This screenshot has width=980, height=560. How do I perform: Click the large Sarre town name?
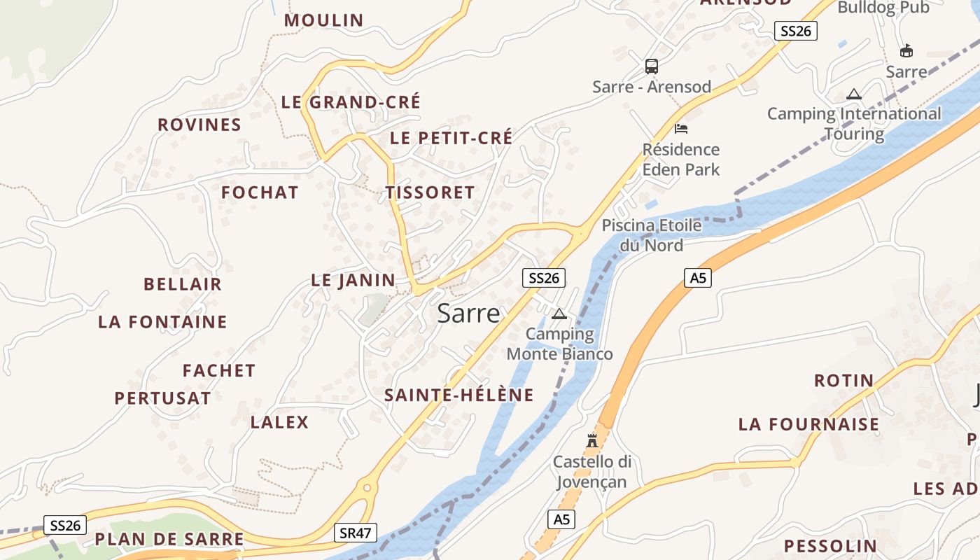click(x=469, y=313)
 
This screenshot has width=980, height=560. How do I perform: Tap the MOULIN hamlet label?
click(x=323, y=20)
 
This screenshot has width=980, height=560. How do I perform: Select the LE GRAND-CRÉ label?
click(x=351, y=102)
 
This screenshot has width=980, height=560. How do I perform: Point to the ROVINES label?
click(x=199, y=125)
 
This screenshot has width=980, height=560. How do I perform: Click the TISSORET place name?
click(x=430, y=192)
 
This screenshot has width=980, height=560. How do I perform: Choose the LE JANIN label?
click(x=353, y=281)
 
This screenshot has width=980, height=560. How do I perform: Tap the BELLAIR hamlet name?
click(x=183, y=284)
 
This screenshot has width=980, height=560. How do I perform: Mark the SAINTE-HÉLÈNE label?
click(x=459, y=395)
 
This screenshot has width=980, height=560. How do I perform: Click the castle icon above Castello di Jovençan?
click(x=592, y=440)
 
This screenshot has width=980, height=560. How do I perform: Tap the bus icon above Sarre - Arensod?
click(x=652, y=66)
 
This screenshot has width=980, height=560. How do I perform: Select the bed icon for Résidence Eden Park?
click(x=681, y=129)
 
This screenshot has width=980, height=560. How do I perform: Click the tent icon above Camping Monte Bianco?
click(x=559, y=314)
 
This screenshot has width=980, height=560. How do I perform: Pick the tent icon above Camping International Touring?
click(x=854, y=94)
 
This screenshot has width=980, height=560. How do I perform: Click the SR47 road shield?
click(x=355, y=533)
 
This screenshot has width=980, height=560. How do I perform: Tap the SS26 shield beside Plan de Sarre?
click(x=65, y=525)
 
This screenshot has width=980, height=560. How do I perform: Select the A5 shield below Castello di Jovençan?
click(x=561, y=519)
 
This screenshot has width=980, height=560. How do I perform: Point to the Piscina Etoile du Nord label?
click(x=652, y=235)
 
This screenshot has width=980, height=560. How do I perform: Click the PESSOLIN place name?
click(x=830, y=546)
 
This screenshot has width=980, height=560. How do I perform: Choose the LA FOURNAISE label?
click(x=808, y=424)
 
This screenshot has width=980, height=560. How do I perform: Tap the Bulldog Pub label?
click(x=883, y=8)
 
